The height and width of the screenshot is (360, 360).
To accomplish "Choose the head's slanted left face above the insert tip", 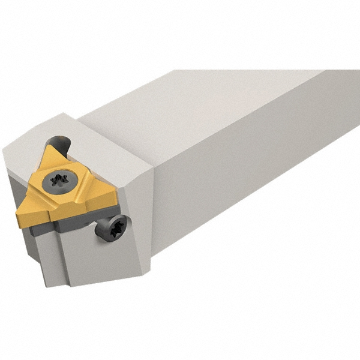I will [x=18, y=174].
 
